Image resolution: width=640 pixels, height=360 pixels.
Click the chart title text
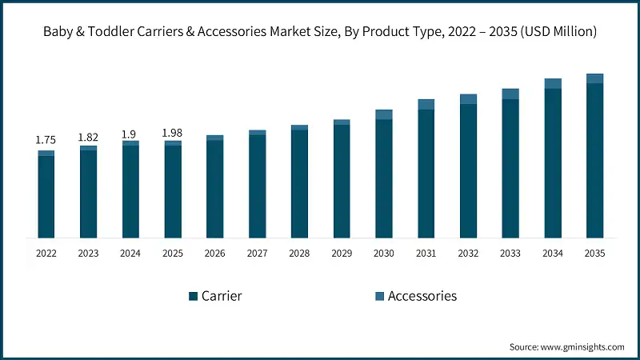(320, 32)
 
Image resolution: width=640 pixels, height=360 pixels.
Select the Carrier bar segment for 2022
(46, 197)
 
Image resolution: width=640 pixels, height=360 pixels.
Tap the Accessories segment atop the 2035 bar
(594, 78)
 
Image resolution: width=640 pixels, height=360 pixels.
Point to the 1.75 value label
(46, 140)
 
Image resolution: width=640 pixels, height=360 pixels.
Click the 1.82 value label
(88, 138)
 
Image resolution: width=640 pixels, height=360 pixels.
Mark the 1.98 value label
(173, 132)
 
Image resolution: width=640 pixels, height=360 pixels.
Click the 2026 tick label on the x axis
(215, 254)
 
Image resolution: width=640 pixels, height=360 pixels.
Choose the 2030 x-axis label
(384, 254)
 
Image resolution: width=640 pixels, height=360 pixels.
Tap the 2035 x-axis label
(594, 254)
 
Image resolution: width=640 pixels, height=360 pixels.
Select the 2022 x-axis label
(46, 254)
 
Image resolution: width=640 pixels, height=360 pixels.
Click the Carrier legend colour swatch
(193, 296)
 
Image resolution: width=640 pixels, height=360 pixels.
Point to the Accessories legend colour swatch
(379, 296)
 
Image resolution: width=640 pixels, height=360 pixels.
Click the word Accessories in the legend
(422, 296)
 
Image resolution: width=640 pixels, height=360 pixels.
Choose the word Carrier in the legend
(222, 296)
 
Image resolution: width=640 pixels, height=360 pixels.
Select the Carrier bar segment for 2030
(384, 178)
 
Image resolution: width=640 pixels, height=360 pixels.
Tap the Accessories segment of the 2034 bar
(553, 83)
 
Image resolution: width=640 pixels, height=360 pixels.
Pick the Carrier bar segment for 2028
(299, 184)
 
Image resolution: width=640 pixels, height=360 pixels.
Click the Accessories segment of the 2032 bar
(468, 98)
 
